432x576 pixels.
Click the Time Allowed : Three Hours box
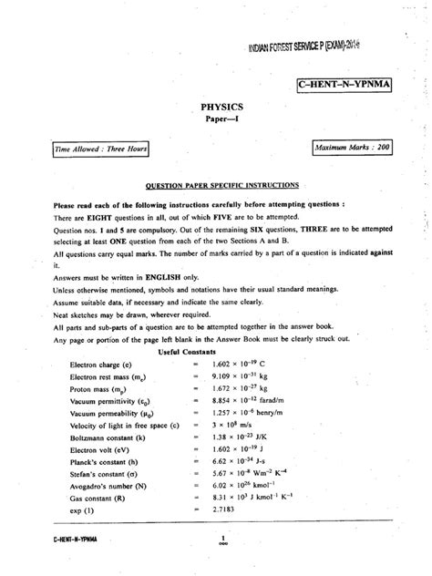pyautogui.click(x=88, y=147)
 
